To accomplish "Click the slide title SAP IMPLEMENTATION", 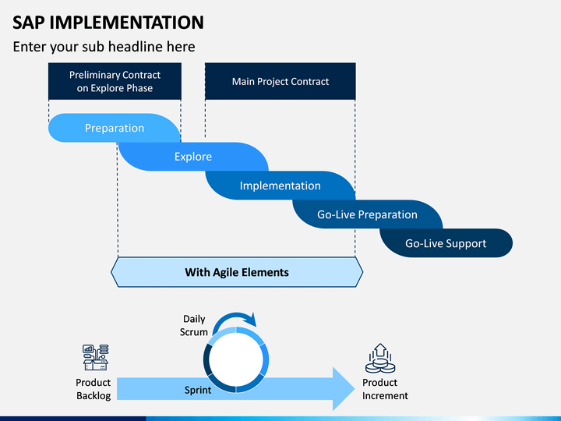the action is pos(108,23).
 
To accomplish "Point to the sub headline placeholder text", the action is pos(104,47).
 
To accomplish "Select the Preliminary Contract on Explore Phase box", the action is pos(115,81).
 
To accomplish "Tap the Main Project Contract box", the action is pos(280,81).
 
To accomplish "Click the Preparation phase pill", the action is pos(114,128).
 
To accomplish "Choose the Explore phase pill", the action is pos(193,157).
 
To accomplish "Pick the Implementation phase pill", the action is pos(280,186).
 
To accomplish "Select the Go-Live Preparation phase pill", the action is pos(367,214).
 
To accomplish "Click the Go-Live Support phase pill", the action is pos(446,243).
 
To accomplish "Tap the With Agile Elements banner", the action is pos(237,272).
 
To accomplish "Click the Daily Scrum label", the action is pos(194,325).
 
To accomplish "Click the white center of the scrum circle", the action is pos(236,359).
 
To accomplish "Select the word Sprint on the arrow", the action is pos(198,390).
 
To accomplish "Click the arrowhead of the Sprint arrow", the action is pos(344,389).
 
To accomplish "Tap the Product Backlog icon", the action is pos(96,357).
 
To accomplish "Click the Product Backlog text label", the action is pos(93,389).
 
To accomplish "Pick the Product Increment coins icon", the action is pos(380,359).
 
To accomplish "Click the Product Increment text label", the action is pos(385,389).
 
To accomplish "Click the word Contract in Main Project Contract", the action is pos(310,82).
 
